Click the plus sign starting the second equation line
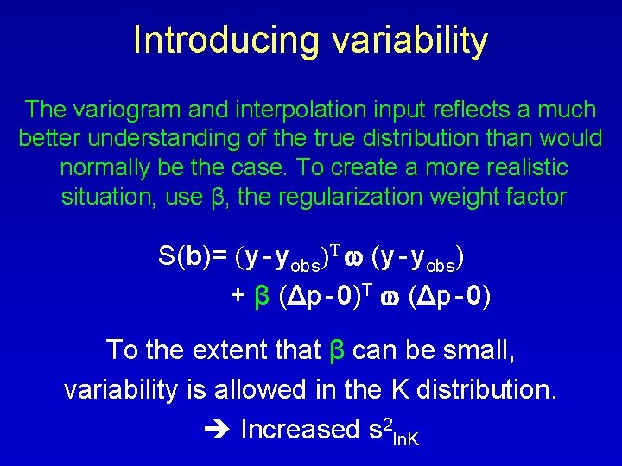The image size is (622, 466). tap(238, 296)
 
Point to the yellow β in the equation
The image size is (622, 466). tap(260, 297)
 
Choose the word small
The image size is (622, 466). tap(483, 349)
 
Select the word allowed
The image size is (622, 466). tap(289, 389)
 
